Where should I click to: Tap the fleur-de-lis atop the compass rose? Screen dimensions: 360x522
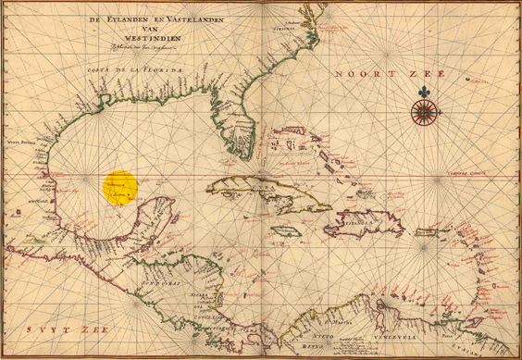pos(424,93)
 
